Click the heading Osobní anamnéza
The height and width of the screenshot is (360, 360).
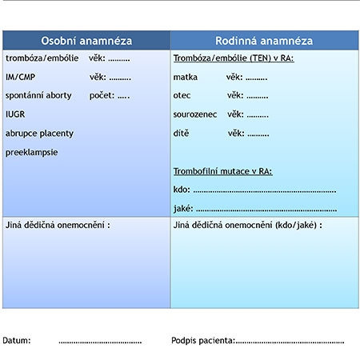pos(86,41)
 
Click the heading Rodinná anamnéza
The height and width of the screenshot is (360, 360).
pos(264,41)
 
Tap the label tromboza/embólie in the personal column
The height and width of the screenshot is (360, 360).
pos(42,58)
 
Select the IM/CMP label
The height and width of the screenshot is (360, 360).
pos(21,77)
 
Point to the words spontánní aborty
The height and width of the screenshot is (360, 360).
pos(38,95)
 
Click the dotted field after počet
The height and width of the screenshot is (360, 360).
pos(123,98)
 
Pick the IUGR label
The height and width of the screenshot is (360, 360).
pos(15,114)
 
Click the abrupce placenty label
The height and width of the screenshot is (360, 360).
pos(39,134)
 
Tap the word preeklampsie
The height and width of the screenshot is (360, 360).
pos(32,153)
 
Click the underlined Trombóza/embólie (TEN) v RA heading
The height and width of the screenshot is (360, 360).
pos(234,58)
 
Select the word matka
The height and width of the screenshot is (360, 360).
pos(186,78)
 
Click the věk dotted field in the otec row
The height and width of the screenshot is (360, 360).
pos(258,98)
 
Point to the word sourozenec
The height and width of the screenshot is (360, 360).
pos(195,114)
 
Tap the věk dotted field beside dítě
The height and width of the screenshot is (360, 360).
pos(258,135)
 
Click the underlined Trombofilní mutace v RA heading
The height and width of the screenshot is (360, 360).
pos(223,171)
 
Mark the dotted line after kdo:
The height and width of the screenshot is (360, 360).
pos(265,191)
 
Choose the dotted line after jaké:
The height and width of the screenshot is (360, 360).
pos(266,210)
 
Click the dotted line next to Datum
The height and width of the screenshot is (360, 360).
pos(100,342)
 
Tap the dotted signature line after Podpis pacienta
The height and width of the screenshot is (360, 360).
pos(290,342)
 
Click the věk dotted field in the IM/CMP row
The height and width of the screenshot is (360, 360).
pos(120,79)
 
